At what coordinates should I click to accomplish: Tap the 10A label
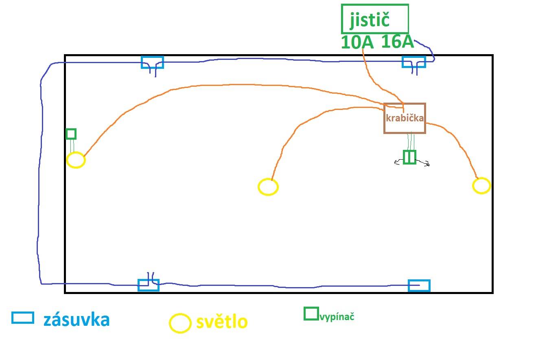tap(357, 42)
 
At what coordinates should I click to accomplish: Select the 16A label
tap(398, 42)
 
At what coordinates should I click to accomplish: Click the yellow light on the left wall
tap(67, 160)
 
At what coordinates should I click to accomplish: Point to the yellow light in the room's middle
tap(258, 187)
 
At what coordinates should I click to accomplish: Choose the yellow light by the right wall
tap(473, 186)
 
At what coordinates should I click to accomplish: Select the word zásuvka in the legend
tap(77, 319)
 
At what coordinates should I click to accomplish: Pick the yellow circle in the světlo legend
tap(170, 323)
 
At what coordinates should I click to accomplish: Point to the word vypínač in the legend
tap(337, 317)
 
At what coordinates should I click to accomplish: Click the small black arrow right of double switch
tap(422, 162)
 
